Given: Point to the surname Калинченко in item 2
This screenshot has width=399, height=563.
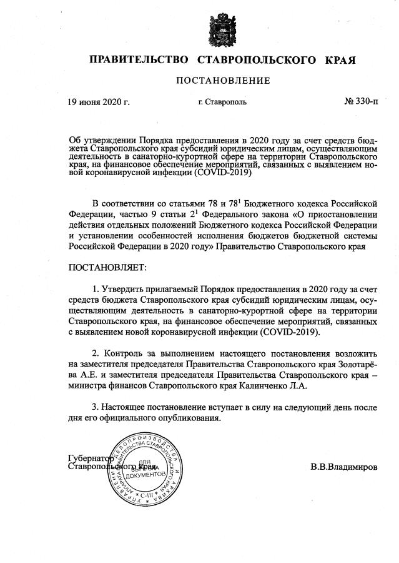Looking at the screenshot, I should coord(265,387).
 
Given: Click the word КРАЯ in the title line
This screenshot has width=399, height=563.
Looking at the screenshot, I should coord(340,61).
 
